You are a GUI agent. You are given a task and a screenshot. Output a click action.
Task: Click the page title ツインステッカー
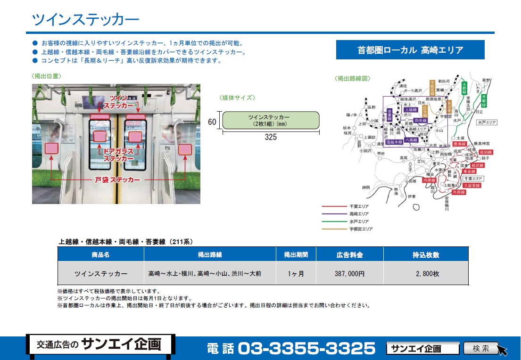point(85,19)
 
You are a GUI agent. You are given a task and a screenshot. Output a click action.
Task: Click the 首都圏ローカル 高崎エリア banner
point(410,50)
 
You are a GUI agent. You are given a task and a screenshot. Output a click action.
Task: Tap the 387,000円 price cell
point(350,273)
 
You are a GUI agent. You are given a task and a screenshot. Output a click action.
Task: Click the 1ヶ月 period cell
point(296,273)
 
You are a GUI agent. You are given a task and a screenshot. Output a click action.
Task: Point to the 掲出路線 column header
point(210,255)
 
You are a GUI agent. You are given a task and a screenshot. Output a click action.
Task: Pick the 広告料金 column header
point(350,255)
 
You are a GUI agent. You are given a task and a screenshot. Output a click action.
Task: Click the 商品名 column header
point(100,255)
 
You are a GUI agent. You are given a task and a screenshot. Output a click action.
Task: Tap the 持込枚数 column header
point(426,255)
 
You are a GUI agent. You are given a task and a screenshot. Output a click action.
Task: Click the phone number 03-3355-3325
point(306,349)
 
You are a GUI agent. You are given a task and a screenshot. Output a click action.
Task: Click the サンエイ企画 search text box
point(422,349)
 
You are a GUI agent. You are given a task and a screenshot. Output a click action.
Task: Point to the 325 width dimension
point(271,137)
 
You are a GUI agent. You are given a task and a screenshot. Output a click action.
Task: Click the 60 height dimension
point(212,122)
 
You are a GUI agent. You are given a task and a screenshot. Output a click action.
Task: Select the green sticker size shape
point(271,120)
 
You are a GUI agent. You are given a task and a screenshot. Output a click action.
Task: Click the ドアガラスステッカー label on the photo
point(116,155)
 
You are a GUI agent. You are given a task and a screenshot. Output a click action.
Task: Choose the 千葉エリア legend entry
point(359,206)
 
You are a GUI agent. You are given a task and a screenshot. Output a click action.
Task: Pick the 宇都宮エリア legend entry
point(361,229)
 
